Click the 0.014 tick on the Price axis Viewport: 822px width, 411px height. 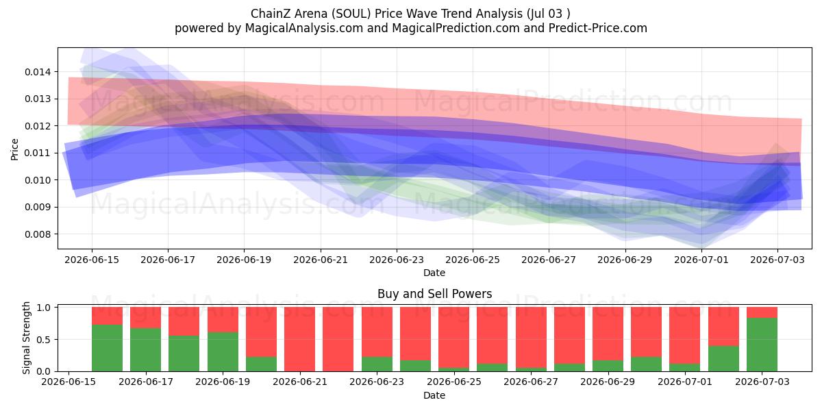tap(38, 72)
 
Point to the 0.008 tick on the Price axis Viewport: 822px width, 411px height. tap(38, 234)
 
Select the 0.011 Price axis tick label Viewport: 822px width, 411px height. tap(38, 153)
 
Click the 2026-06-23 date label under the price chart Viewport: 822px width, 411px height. tap(397, 260)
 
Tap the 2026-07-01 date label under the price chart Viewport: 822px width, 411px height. tap(701, 260)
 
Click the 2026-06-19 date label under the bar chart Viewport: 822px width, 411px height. tap(223, 382)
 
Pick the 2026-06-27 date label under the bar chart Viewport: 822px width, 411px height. tap(531, 382)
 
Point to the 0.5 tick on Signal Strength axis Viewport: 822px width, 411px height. tap(44, 340)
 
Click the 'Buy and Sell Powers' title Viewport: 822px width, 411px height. tap(434, 294)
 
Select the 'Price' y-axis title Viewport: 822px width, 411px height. tap(14, 149)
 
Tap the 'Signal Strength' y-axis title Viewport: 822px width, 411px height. tap(26, 338)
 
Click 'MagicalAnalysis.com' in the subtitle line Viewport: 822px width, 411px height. tap(304, 28)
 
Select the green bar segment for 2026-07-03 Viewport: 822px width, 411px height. tap(762, 345)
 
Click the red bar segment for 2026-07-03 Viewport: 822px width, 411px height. tap(762, 312)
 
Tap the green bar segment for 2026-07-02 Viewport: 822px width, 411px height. tap(723, 358)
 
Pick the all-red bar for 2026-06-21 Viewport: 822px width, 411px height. tap(299, 339)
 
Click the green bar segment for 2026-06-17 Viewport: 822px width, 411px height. tap(145, 350)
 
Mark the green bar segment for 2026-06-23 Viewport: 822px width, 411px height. tap(377, 364)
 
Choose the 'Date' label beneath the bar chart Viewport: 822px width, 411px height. tap(434, 396)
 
